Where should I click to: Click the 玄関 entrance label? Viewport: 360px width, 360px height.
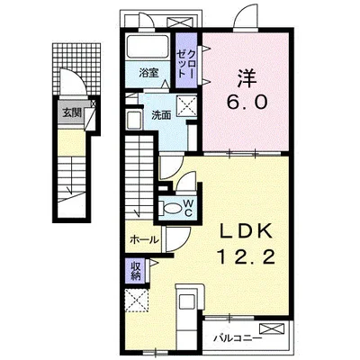(72, 112)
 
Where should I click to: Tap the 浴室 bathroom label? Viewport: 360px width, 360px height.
(148, 73)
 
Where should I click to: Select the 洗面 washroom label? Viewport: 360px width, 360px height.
(161, 115)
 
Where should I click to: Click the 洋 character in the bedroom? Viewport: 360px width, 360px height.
(247, 78)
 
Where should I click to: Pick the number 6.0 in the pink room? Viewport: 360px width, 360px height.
(247, 103)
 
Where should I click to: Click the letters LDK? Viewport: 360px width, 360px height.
(247, 231)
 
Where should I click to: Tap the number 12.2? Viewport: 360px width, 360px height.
(247, 257)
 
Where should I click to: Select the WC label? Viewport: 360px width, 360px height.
(188, 208)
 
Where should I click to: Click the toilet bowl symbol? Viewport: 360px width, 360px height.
(171, 208)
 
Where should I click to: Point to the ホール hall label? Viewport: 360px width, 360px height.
(144, 239)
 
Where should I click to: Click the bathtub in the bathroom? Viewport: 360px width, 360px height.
(148, 47)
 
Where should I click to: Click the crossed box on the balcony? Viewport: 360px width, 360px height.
(272, 328)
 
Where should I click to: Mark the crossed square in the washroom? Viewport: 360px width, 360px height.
(186, 105)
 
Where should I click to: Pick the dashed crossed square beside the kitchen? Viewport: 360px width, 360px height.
(137, 301)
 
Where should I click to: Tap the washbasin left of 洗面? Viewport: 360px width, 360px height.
(134, 121)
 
